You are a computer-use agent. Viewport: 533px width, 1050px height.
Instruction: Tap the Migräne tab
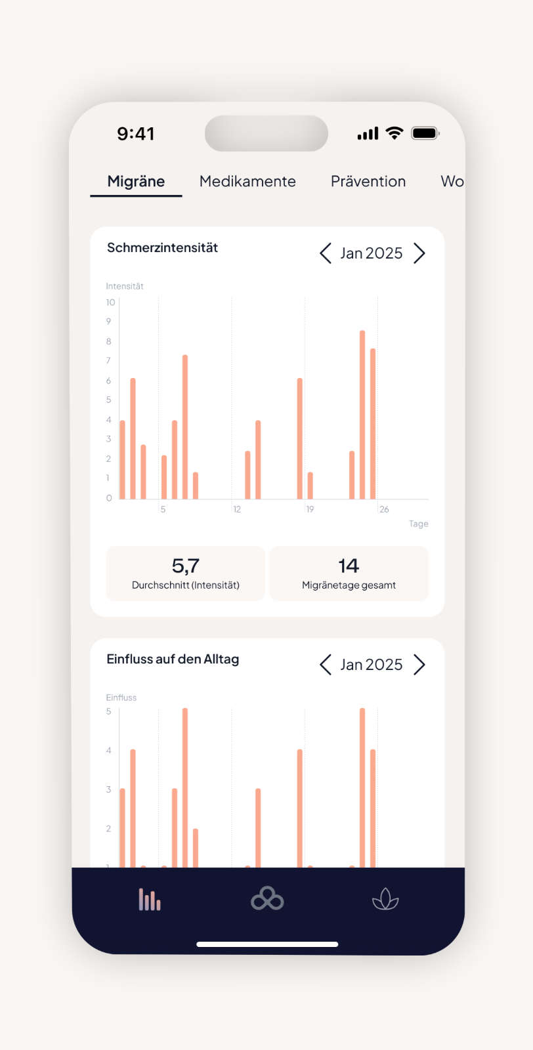[x=136, y=181]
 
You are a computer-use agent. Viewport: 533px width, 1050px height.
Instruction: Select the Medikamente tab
[x=247, y=181]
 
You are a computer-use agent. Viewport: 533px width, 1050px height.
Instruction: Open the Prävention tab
[x=368, y=181]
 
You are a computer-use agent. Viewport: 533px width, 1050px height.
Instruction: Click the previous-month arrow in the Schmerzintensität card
[x=325, y=253]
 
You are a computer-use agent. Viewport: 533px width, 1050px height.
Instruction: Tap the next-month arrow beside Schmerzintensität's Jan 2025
[x=419, y=253]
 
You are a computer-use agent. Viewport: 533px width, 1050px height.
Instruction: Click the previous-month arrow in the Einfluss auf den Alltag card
[x=325, y=665]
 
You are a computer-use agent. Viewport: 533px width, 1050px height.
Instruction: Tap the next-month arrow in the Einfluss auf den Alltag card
[x=419, y=665]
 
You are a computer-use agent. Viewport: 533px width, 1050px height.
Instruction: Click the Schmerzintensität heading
[x=162, y=247]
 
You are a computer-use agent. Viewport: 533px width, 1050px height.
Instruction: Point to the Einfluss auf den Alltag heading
[x=173, y=659]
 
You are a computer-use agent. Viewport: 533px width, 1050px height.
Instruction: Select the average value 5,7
[x=185, y=566]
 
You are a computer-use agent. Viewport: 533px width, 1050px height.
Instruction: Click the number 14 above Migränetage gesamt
[x=349, y=566]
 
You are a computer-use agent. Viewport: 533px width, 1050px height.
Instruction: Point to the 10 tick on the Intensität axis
[x=110, y=303]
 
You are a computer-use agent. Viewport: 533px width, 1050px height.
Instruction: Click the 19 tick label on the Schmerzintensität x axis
[x=310, y=509]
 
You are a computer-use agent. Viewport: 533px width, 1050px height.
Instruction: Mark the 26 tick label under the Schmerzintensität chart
[x=384, y=509]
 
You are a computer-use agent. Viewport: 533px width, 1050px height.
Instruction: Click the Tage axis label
[x=418, y=524]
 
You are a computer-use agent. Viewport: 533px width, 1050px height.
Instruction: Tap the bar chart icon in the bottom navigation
[x=150, y=899]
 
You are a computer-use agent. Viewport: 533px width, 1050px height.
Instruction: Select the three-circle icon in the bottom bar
[x=267, y=899]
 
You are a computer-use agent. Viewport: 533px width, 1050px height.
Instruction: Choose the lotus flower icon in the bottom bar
[x=385, y=899]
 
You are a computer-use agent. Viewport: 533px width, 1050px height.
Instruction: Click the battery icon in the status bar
[x=425, y=133]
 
